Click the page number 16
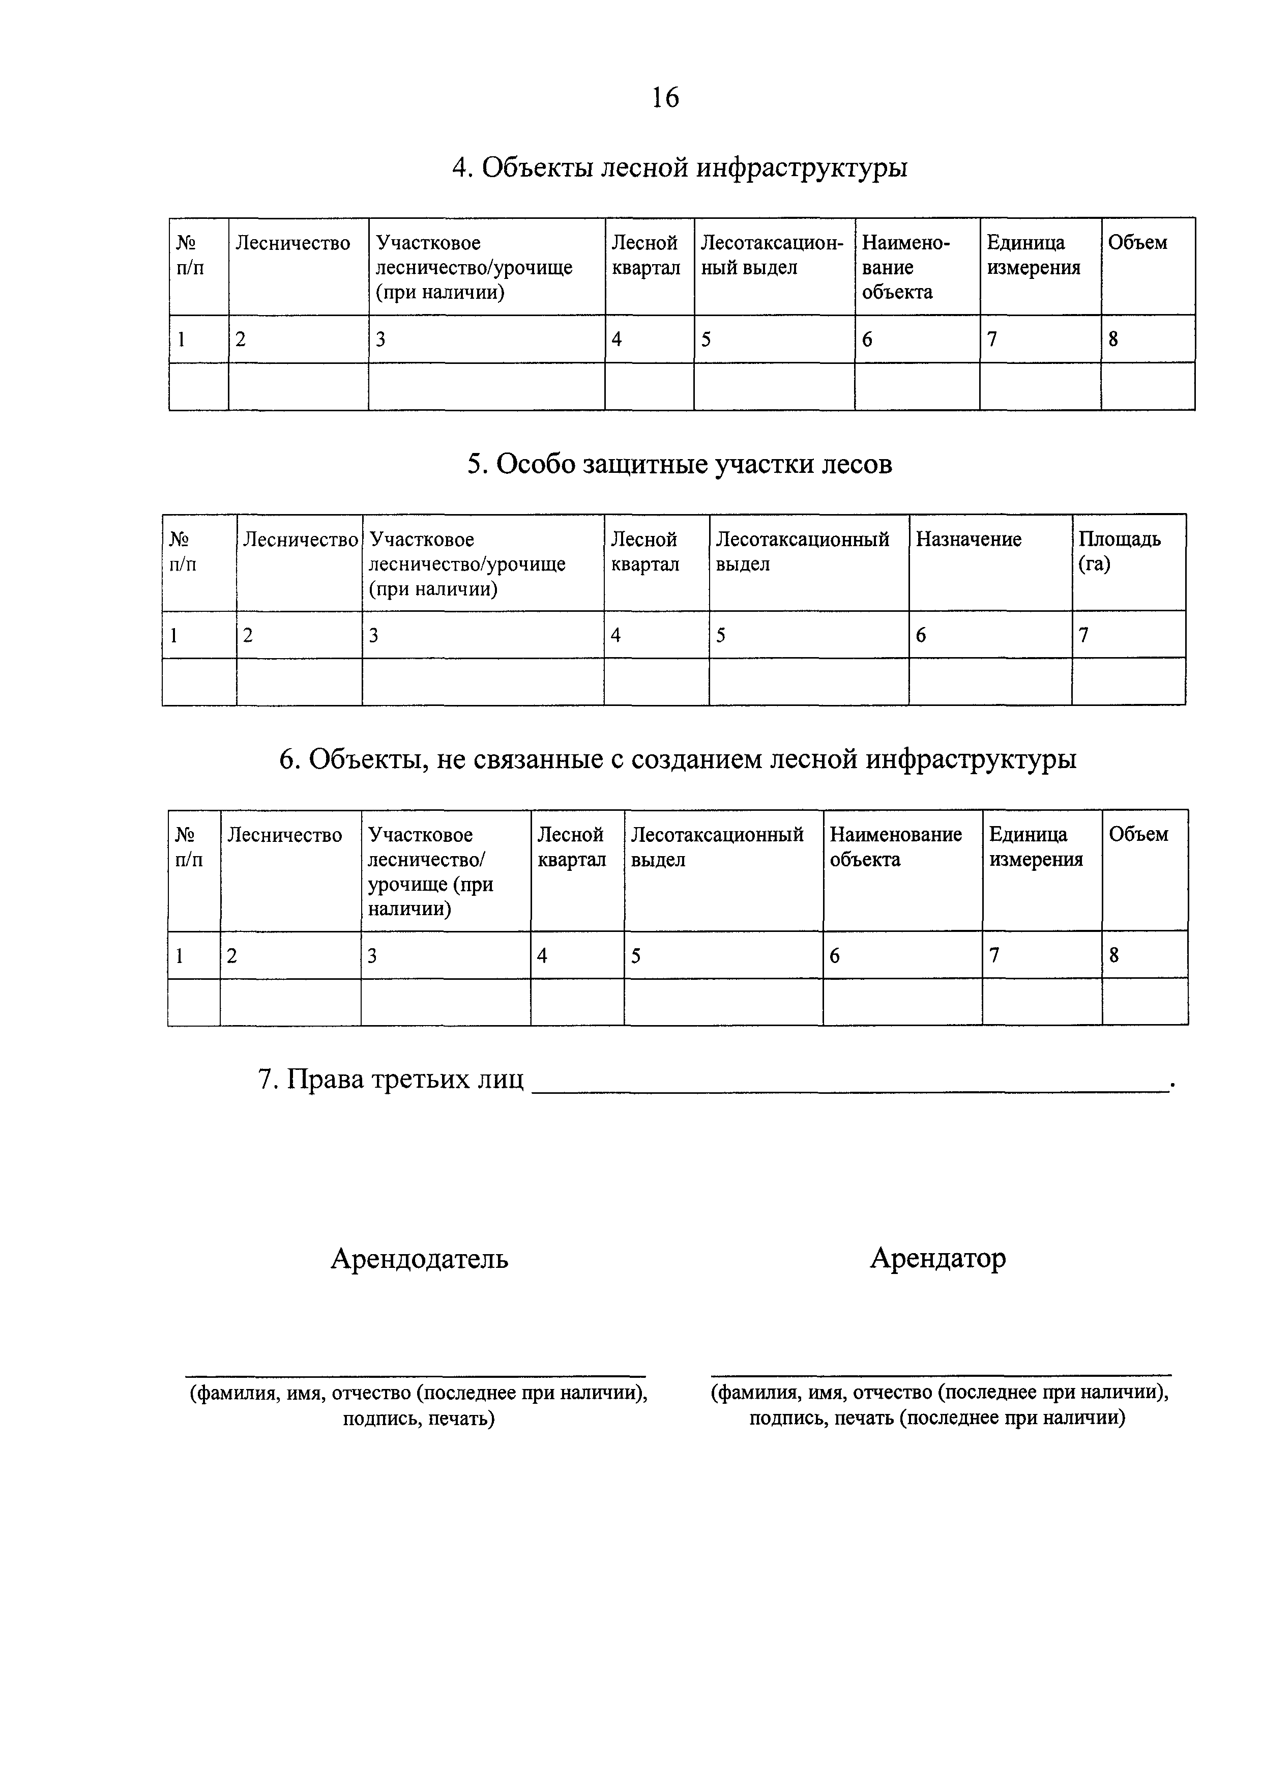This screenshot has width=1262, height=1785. point(665,98)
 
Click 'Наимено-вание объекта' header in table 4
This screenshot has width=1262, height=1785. point(905,267)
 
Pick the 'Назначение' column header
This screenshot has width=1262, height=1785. point(968,540)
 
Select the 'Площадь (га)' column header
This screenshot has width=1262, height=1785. point(1119,551)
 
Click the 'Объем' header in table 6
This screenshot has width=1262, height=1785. point(1138,834)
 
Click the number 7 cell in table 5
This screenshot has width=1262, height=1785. point(1084,635)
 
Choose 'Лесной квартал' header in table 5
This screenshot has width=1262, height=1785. point(645,551)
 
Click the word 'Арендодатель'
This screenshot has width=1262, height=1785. point(420,1257)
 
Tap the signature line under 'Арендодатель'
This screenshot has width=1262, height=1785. point(415,1375)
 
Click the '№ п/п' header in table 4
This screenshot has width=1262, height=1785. point(190,255)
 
